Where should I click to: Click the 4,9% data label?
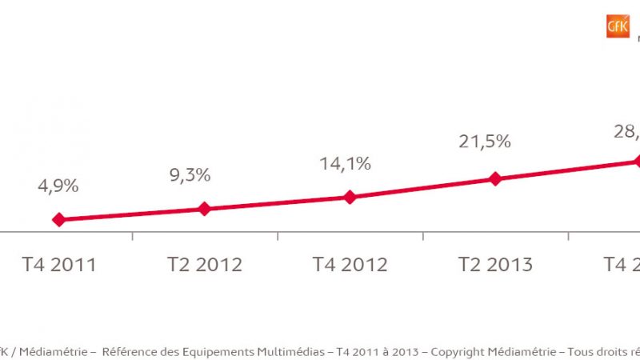tap(58, 186)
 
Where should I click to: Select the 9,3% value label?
tap(190, 175)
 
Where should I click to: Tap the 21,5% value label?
tap(484, 142)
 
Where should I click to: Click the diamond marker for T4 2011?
tap(58, 219)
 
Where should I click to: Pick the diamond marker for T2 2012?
tap(204, 209)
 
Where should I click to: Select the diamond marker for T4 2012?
tap(350, 197)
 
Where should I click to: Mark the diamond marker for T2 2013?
tap(494, 179)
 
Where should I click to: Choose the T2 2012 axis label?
tap(204, 265)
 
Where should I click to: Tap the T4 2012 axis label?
tap(350, 265)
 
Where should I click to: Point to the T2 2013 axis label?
tap(495, 265)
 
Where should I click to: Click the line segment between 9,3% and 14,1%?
tap(277, 203)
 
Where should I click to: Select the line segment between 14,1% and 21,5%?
tap(422, 188)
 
